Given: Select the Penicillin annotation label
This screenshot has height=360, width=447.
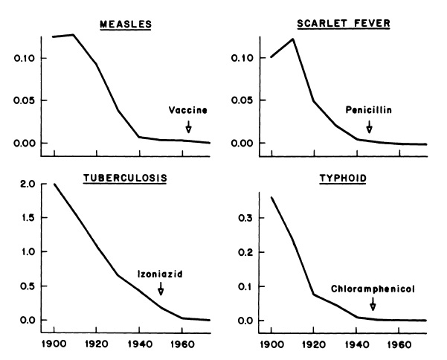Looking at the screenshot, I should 368,110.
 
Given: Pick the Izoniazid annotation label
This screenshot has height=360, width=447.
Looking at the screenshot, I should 159,274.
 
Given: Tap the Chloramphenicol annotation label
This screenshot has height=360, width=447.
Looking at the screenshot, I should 372,288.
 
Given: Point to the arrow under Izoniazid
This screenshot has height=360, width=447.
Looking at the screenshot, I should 160,289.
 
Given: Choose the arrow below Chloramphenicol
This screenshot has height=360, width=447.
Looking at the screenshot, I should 373,303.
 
